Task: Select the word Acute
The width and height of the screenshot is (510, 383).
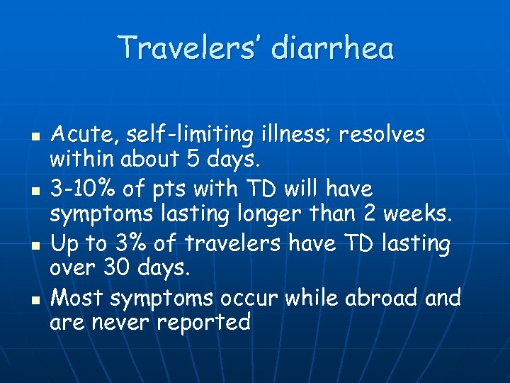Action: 77,133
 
